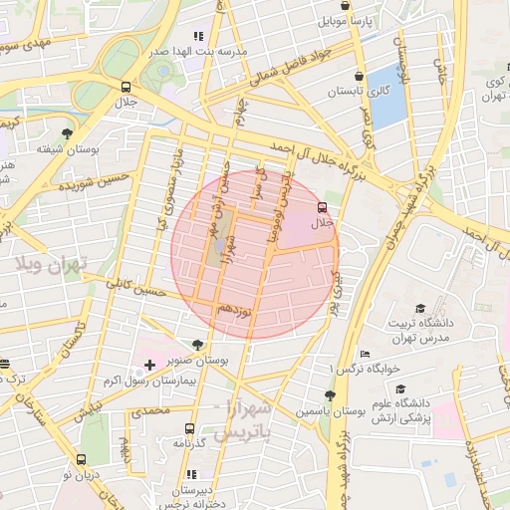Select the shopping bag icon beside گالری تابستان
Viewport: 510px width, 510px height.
359,76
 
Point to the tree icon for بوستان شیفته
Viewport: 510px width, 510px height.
67,132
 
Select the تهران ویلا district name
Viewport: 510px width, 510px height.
52,263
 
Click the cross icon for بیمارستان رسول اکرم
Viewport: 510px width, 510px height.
149,367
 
